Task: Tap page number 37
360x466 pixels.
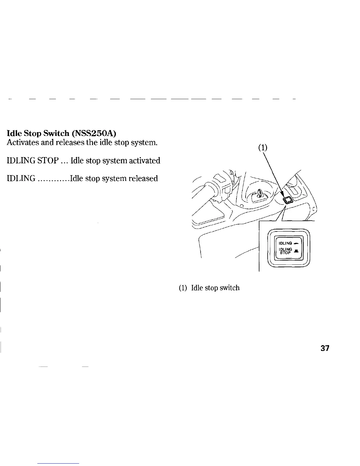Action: click(x=325, y=349)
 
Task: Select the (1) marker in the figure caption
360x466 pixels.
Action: click(x=183, y=288)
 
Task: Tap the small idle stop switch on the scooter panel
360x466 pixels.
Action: click(x=287, y=201)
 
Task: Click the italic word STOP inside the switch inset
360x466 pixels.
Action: click(x=285, y=252)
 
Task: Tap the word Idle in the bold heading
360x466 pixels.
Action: click(x=14, y=134)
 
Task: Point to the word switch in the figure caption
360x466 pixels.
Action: click(x=229, y=288)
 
